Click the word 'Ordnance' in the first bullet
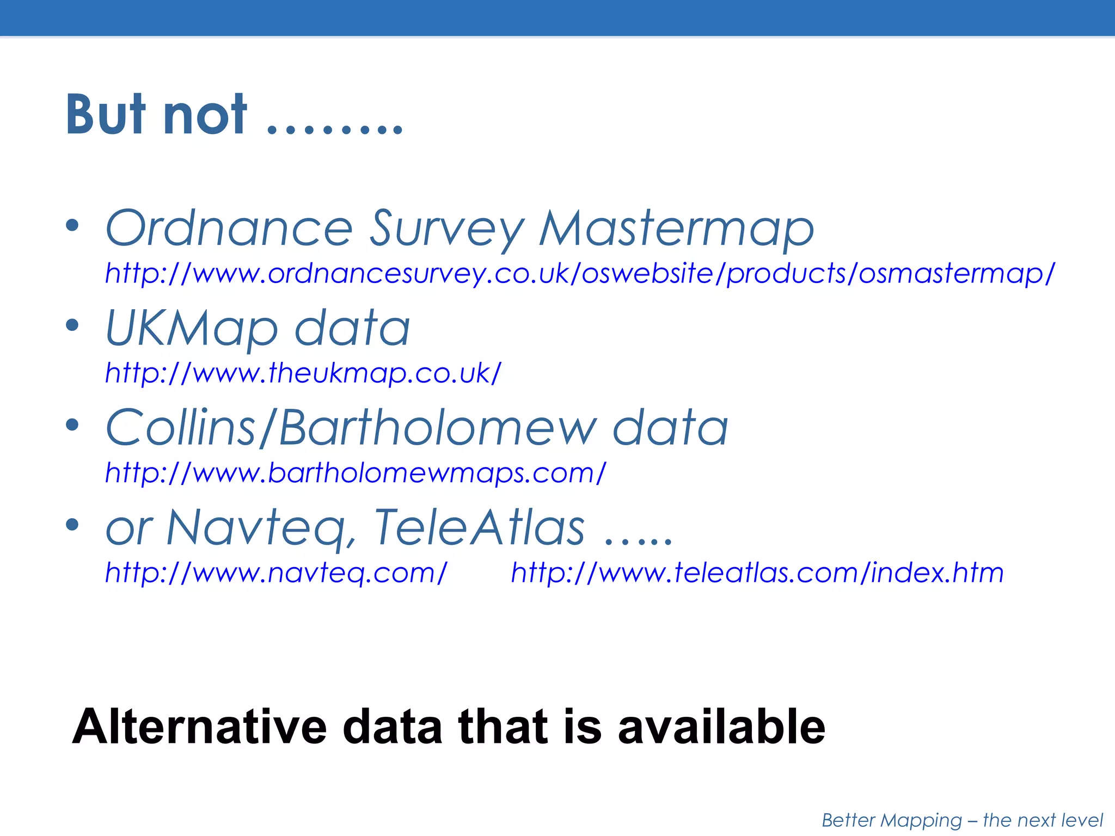click(x=229, y=229)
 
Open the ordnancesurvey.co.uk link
click(x=580, y=273)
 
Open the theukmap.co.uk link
click(x=303, y=373)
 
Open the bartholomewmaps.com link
click(x=356, y=473)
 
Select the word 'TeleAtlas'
click(x=479, y=527)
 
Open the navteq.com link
click(x=276, y=573)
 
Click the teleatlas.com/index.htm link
click(x=757, y=573)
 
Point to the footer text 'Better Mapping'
click(x=892, y=820)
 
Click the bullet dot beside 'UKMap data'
click(x=72, y=325)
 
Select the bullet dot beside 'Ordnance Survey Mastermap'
click(x=72, y=225)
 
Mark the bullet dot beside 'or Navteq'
click(x=72, y=525)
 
